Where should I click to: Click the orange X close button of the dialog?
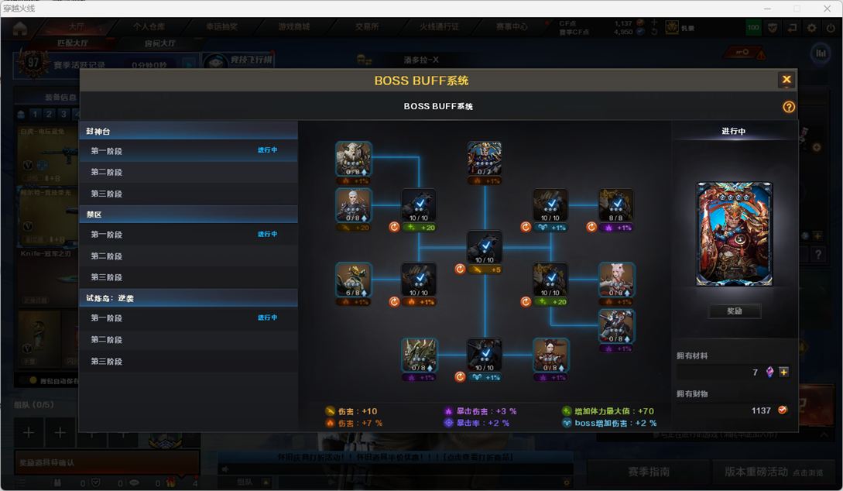786,80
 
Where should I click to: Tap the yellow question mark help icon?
789,107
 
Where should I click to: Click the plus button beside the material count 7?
783,373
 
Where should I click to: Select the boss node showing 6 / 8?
354,280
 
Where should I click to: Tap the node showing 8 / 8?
616,205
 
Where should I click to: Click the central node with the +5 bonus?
485,248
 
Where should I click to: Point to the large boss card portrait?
734,234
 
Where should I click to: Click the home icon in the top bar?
20,29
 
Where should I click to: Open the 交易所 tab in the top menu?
367,26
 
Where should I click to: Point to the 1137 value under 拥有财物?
760,410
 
